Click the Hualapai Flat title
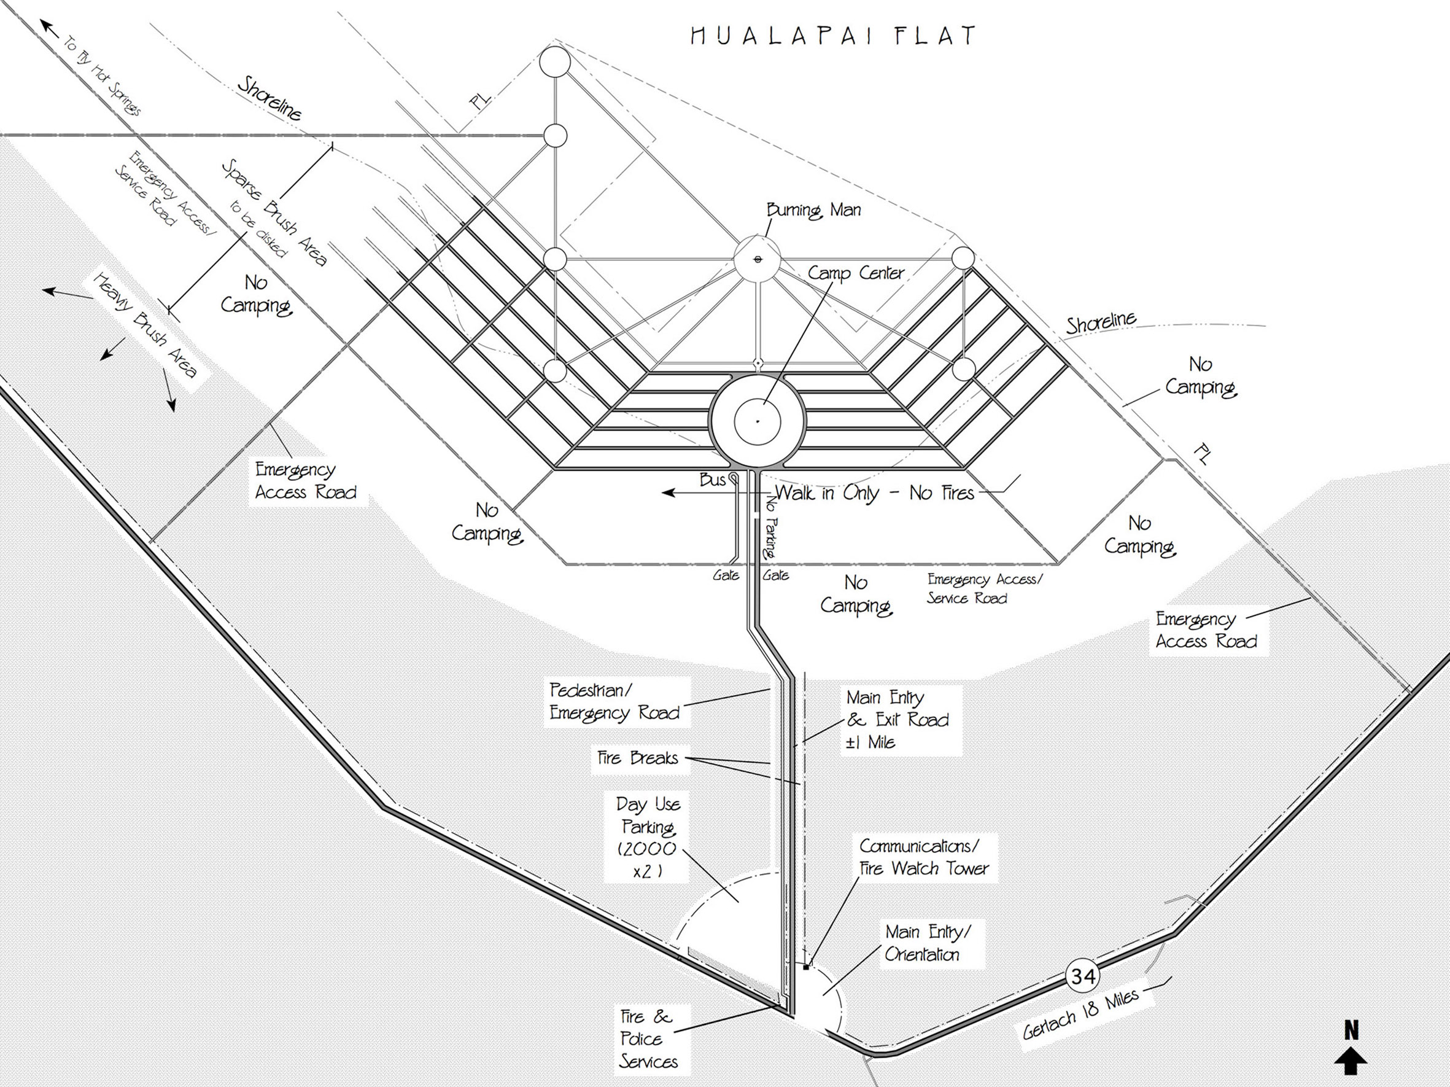coord(833,36)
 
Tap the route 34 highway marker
coord(1082,976)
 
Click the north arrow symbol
coord(1351,1056)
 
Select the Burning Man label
coord(813,211)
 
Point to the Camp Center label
coord(855,273)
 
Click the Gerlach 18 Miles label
coord(1081,1015)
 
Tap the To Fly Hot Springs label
coord(102,76)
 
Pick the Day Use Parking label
coord(647,837)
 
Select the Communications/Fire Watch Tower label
coord(924,857)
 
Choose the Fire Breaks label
coord(637,758)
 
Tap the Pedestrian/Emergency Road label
coord(615,701)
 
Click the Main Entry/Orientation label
coord(927,943)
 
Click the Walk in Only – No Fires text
coord(874,493)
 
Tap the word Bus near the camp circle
coord(712,480)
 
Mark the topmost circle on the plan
coord(554,63)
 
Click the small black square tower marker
coord(806,967)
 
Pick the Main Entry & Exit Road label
coord(898,719)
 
